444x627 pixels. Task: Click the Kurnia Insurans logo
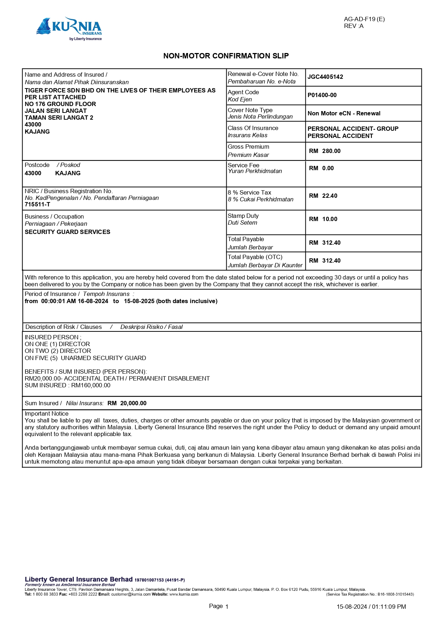point(69,29)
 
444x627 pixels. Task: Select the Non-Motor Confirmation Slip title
point(226,56)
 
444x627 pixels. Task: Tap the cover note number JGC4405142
point(325,77)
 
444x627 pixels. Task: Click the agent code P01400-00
point(322,95)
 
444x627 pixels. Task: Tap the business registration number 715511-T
point(37,205)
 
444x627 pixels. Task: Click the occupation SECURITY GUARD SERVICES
point(67,232)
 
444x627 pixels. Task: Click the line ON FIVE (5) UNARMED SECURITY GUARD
point(85,358)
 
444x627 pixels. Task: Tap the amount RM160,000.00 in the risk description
point(91,386)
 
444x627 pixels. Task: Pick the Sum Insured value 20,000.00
point(133,403)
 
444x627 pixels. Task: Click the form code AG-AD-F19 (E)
point(364,19)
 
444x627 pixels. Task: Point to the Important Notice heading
point(47,414)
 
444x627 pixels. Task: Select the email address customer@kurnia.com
point(131,594)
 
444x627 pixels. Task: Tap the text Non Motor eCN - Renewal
point(344,114)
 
